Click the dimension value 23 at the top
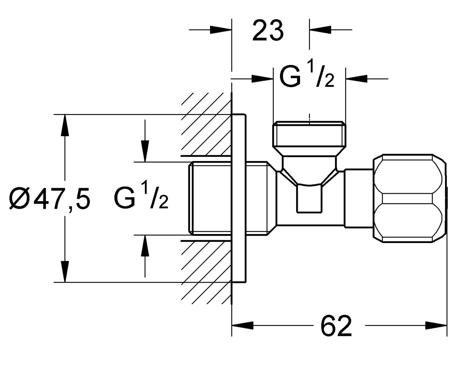click(268, 31)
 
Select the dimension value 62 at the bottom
click(336, 326)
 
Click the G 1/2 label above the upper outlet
click(307, 76)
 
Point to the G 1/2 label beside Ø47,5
click(141, 198)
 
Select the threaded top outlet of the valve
click(309, 138)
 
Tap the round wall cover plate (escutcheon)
click(239, 198)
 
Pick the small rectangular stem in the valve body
click(309, 199)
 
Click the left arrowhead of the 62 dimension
click(243, 325)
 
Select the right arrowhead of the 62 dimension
click(436, 325)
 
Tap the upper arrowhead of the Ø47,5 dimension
click(65, 125)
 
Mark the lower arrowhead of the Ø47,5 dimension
click(65, 271)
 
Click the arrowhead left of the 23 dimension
click(221, 30)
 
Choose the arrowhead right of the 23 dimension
click(320, 30)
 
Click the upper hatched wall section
click(206, 124)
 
